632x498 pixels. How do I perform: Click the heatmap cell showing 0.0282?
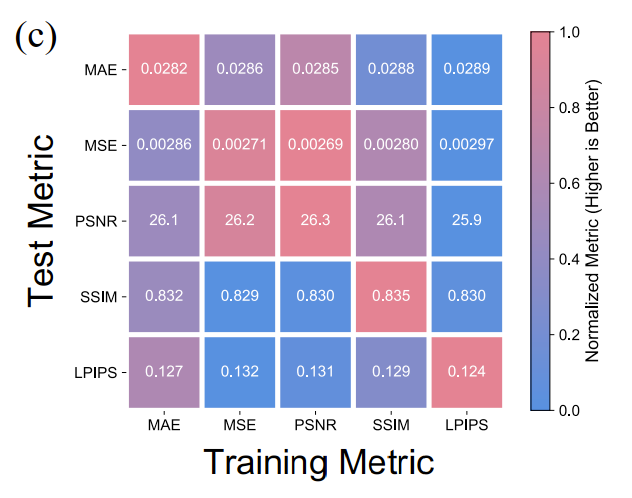click(x=165, y=69)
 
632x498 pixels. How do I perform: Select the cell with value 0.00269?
click(x=315, y=145)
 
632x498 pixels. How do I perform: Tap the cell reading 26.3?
click(x=315, y=220)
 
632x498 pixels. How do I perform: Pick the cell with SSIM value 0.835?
click(x=390, y=296)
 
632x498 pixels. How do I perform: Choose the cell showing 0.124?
click(x=465, y=371)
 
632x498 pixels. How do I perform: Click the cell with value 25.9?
click(x=465, y=220)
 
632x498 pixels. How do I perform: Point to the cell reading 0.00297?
click(x=465, y=145)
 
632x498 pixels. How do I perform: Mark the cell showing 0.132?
click(x=240, y=371)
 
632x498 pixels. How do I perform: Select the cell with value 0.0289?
click(x=465, y=69)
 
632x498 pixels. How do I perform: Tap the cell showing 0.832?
click(x=165, y=296)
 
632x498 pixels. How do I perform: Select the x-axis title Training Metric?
click(x=318, y=463)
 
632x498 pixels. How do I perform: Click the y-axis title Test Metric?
click(x=42, y=221)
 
